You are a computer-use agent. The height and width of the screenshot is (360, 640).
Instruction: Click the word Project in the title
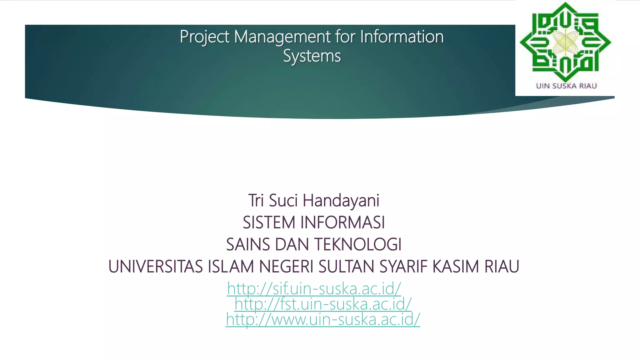[205, 37]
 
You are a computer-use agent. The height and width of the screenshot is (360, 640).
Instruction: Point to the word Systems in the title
[312, 56]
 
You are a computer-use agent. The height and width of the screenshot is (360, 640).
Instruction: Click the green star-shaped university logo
[565, 42]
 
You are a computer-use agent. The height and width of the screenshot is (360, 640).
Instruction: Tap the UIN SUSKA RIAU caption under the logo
[566, 86]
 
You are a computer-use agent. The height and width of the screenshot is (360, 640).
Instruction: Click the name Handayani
[341, 200]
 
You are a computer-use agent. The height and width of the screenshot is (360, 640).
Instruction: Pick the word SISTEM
[269, 222]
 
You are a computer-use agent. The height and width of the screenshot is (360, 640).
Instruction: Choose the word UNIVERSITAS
[156, 267]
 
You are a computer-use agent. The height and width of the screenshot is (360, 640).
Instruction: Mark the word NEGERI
[286, 267]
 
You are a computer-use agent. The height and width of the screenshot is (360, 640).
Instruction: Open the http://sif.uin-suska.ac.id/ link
[314, 288]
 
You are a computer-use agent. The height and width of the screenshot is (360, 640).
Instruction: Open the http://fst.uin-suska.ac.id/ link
[323, 304]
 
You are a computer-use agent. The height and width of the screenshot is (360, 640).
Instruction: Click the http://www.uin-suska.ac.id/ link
[323, 319]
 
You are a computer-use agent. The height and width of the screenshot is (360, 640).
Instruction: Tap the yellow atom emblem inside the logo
[565, 44]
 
